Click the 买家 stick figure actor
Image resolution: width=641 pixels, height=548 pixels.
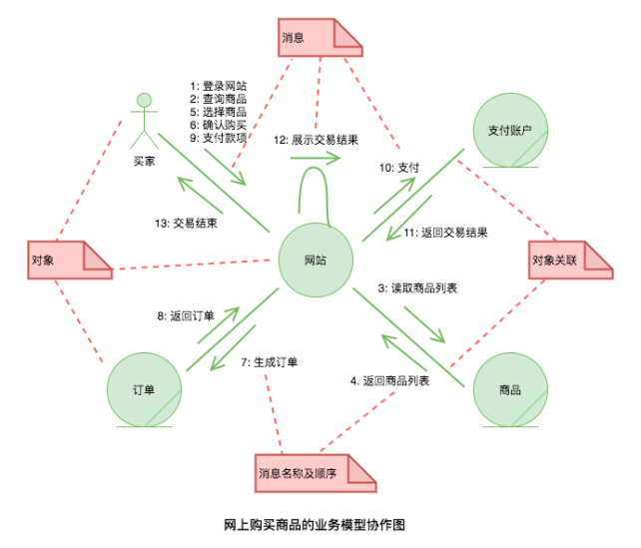tap(145, 120)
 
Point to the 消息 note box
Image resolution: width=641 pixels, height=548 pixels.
tap(319, 37)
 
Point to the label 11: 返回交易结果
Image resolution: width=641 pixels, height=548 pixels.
tap(445, 233)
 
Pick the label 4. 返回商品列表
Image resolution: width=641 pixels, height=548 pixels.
tap(389, 380)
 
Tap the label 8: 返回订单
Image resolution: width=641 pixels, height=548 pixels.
tap(186, 315)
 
